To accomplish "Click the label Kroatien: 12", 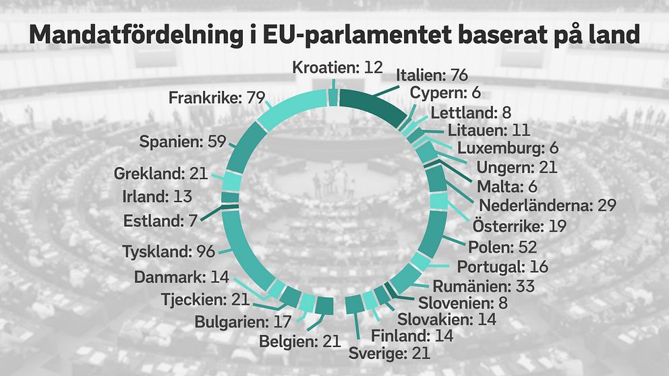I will point(338,67).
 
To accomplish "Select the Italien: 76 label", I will point(432,75).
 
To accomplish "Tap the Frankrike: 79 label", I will point(215,98).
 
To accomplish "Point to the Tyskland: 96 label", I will point(169,252).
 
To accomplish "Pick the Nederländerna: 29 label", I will point(548,205).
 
